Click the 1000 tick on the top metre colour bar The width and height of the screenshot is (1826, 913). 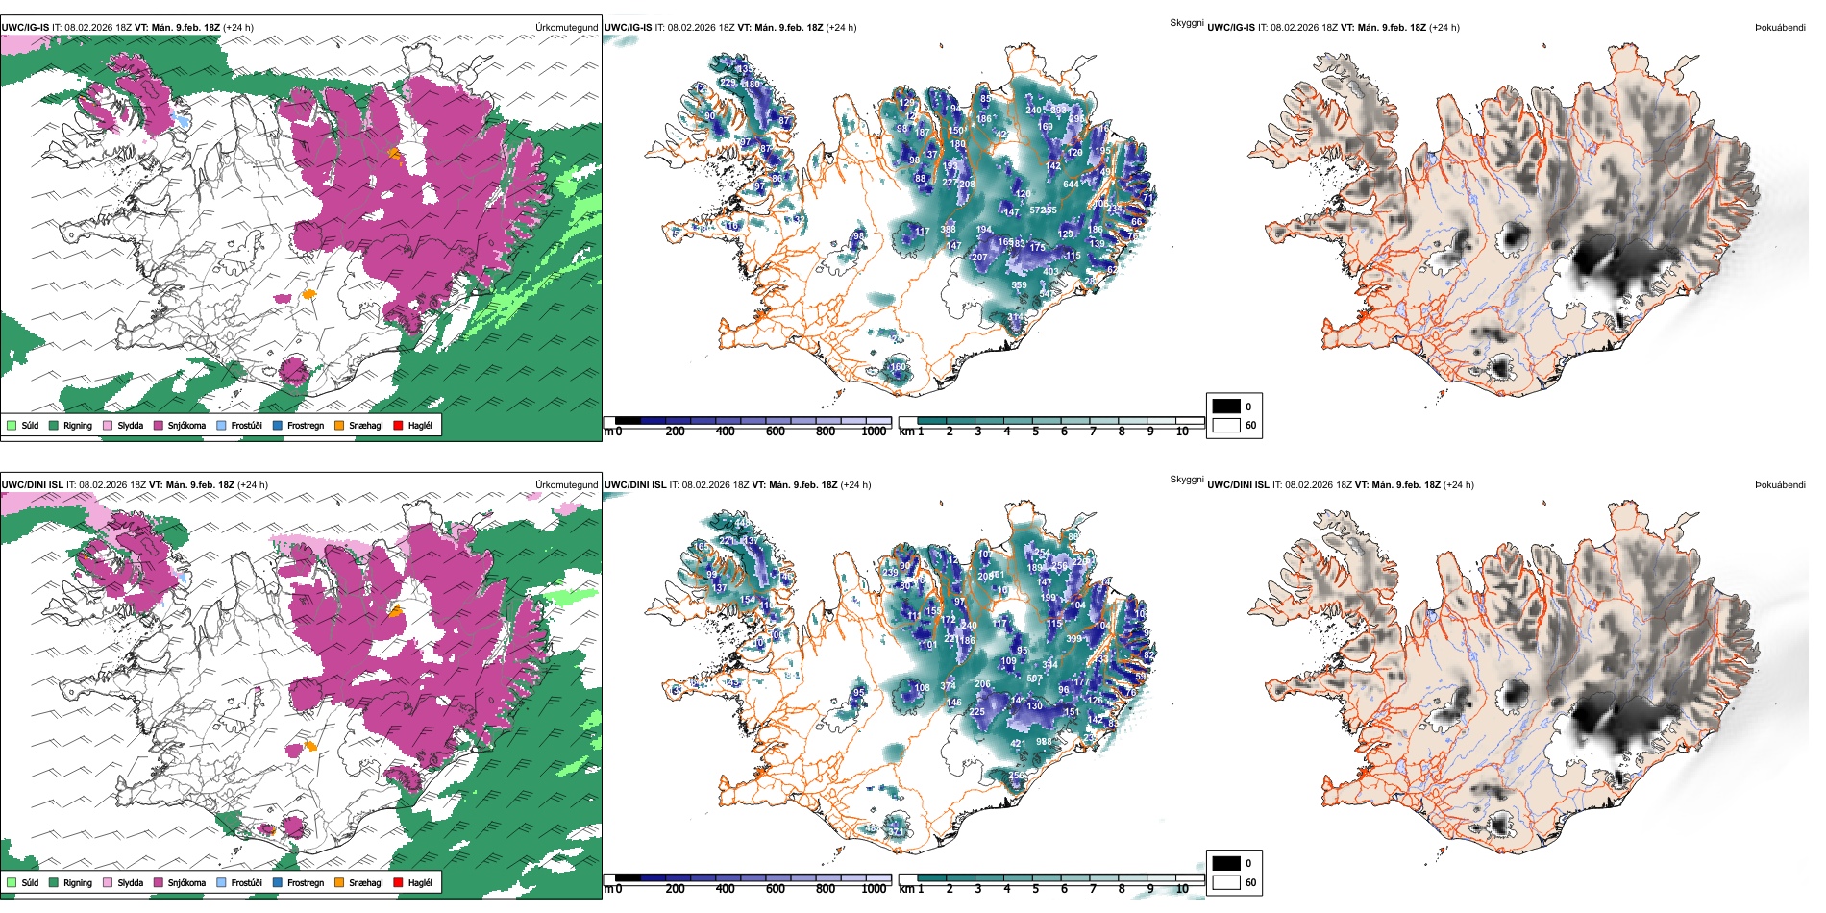point(874,432)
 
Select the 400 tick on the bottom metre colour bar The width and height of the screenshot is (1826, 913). point(725,889)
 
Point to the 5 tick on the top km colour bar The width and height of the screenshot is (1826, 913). point(1035,432)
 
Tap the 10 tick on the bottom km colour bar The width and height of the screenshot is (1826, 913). point(1182,889)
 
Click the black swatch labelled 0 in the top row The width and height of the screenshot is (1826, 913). point(1226,407)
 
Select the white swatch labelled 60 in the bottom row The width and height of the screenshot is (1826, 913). point(1226,882)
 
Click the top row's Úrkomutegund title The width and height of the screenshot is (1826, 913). point(566,27)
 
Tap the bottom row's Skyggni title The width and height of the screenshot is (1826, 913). point(1186,480)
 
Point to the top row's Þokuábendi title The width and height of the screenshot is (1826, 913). point(1780,27)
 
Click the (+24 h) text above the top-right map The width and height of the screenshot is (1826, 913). point(1444,27)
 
